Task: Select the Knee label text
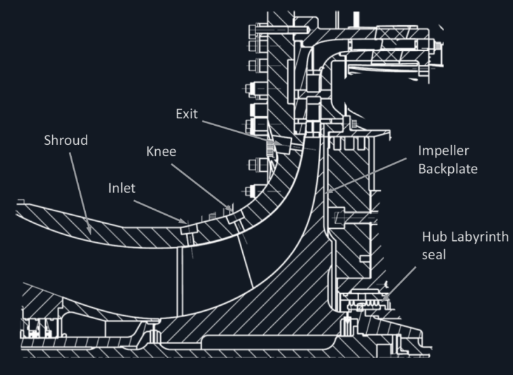pos(160,153)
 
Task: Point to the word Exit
pos(187,114)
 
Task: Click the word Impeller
pos(442,153)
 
